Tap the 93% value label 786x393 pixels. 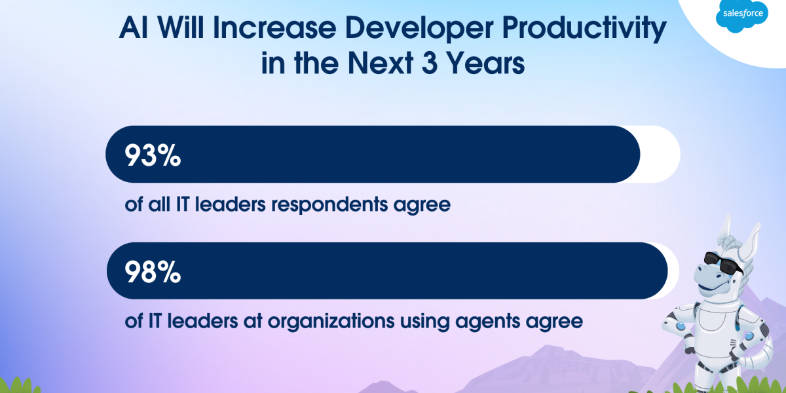coord(153,155)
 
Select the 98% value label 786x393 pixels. coord(153,272)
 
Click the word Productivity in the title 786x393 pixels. coord(584,29)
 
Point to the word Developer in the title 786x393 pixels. coord(419,29)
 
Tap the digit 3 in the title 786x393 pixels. coord(430,63)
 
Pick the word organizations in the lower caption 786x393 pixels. coord(331,322)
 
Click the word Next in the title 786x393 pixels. coord(381,63)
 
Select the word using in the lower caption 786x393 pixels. coord(424,322)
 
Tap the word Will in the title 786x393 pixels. coord(180,28)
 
